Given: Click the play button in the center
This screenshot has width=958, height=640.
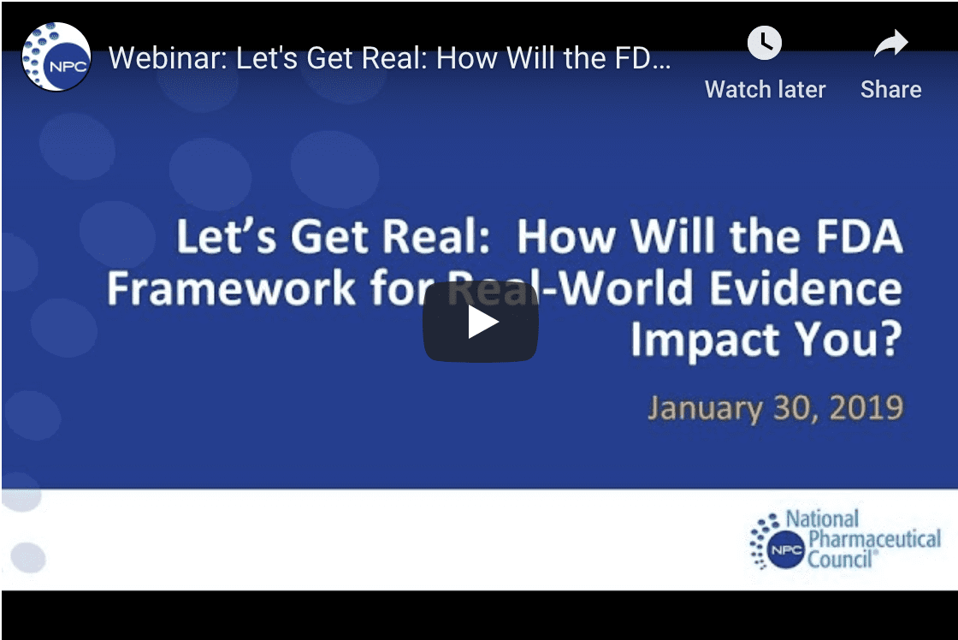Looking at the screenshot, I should pyautogui.click(x=480, y=322).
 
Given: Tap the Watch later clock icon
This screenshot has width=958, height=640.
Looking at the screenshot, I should pyautogui.click(x=765, y=42).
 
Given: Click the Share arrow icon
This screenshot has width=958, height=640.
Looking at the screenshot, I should pyautogui.click(x=890, y=42).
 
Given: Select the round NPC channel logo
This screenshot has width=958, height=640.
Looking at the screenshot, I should pyautogui.click(x=56, y=57).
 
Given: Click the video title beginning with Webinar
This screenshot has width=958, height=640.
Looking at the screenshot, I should pyautogui.click(x=390, y=58).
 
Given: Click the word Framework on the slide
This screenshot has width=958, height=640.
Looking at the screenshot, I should pyautogui.click(x=230, y=288).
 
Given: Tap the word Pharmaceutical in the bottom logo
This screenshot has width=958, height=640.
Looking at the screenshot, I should pyautogui.click(x=874, y=539).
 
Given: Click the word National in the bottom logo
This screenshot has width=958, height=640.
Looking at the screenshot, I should pyautogui.click(x=822, y=519).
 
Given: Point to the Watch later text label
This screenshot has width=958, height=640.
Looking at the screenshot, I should pyautogui.click(x=765, y=89).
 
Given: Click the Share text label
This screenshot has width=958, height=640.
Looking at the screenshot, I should pyautogui.click(x=890, y=89).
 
